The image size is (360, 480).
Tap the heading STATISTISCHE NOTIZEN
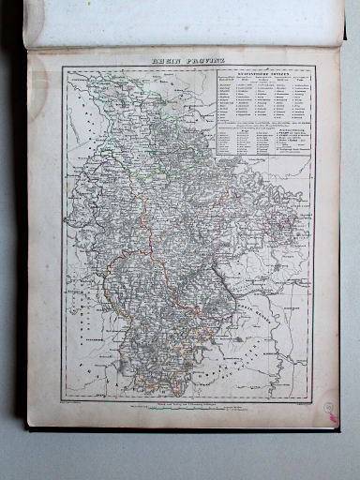(262, 73)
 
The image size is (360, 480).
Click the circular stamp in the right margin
(329, 410)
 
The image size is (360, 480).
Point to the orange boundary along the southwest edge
(111, 300)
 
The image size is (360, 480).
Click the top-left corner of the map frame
(63, 67)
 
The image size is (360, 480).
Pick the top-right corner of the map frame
(315, 67)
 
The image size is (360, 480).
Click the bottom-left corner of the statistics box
(215, 155)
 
